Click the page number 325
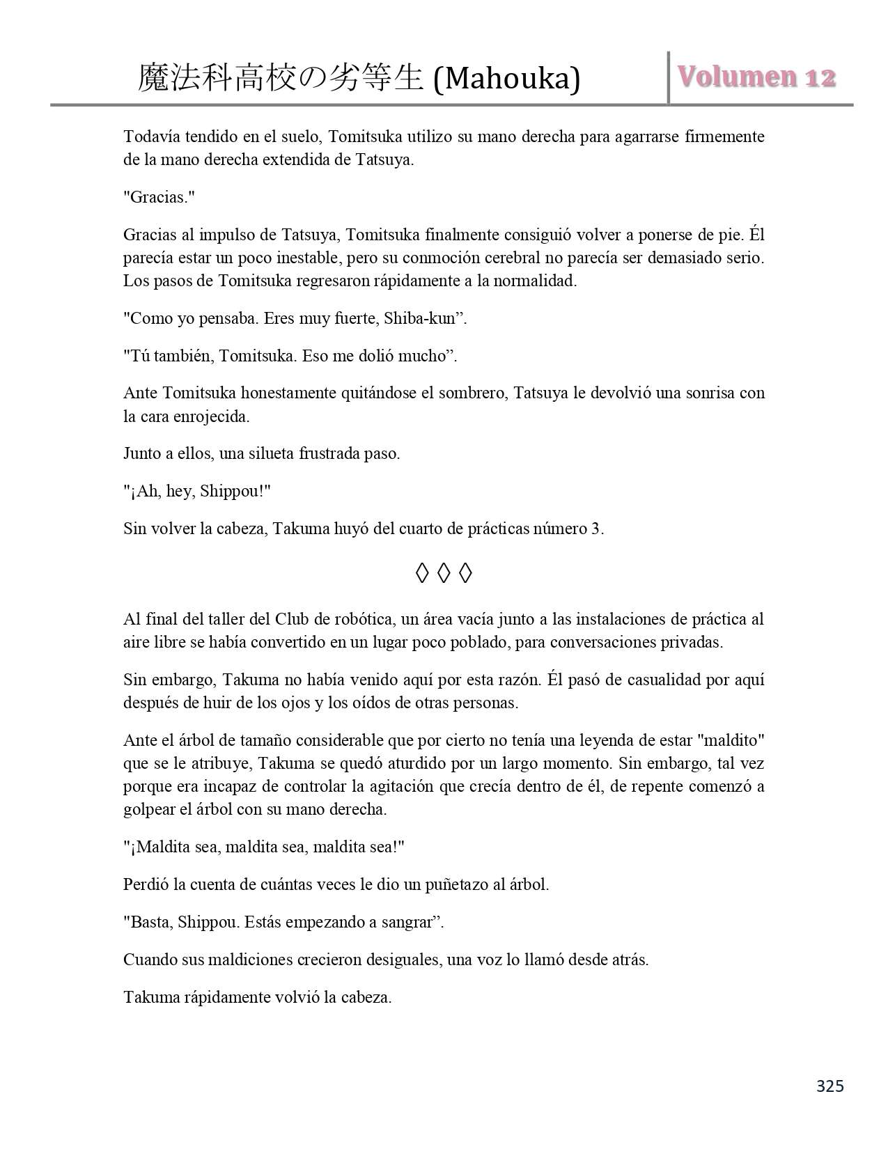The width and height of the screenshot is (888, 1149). (x=829, y=1086)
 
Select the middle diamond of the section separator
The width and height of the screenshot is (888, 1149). (x=444, y=573)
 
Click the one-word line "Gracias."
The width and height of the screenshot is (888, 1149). (x=159, y=197)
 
